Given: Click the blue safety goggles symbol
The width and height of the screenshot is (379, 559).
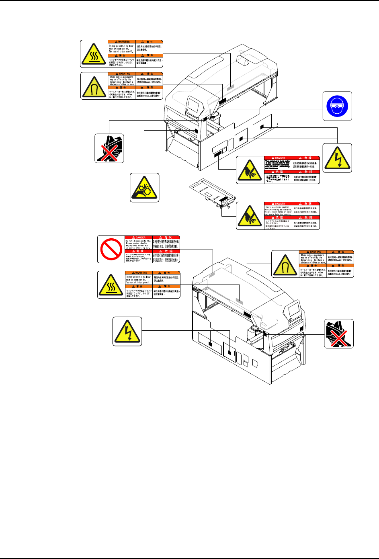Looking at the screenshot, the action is coord(337,106).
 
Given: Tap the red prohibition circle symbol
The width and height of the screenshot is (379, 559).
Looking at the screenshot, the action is coord(111,249).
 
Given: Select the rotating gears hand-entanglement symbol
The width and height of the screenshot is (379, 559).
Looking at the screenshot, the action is coord(145,187).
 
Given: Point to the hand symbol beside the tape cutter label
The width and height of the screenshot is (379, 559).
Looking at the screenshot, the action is coord(250,170).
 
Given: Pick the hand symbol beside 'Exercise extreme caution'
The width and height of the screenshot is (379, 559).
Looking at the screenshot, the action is coord(250,216).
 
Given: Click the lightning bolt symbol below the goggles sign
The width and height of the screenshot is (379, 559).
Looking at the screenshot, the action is coord(337,158).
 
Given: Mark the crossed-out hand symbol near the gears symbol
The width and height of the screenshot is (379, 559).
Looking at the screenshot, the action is coord(109,148).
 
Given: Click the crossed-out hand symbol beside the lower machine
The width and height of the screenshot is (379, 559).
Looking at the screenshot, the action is coord(339,334).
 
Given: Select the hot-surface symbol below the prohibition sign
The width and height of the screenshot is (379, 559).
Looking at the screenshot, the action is coord(111,285).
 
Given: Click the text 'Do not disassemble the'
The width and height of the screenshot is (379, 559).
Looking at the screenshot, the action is coord(138,241).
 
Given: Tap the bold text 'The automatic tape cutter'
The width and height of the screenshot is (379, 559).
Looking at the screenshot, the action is coord(278,162).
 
